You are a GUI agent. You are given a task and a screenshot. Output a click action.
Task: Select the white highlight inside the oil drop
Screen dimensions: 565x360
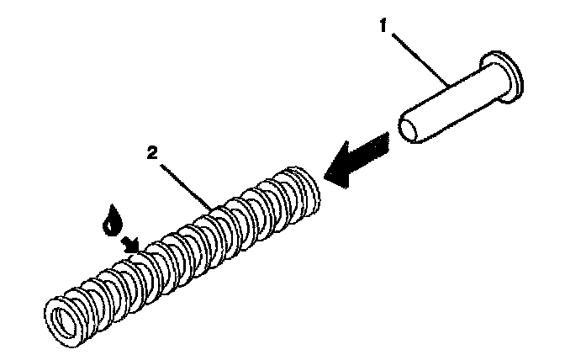[x=107, y=224]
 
